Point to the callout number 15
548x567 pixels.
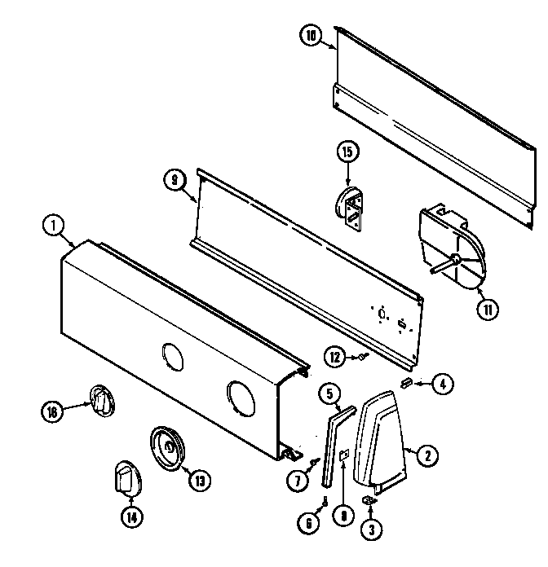point(348,151)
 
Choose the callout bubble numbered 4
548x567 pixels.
point(442,384)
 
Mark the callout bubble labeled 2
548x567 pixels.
point(424,457)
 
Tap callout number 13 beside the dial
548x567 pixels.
point(197,481)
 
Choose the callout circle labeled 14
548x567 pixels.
point(130,516)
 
